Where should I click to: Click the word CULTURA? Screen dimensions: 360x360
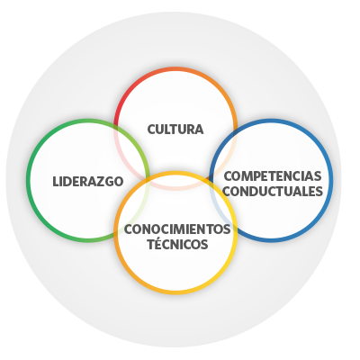(x=175, y=130)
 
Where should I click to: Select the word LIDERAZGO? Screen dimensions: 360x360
(x=88, y=182)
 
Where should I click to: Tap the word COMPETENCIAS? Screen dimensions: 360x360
(x=273, y=176)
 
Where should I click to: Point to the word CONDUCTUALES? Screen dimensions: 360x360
(x=273, y=191)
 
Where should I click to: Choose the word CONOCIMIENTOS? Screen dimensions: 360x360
(x=177, y=229)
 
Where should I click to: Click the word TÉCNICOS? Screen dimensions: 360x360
(x=177, y=244)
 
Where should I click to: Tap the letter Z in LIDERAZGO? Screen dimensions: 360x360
(x=101, y=182)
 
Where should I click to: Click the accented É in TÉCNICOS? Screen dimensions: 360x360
(x=158, y=243)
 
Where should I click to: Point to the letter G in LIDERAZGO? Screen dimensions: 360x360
(x=109, y=182)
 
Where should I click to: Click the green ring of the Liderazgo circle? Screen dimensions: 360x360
(x=28, y=180)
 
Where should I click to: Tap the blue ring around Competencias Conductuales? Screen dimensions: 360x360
(x=331, y=180)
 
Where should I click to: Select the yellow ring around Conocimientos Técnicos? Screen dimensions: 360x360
(x=175, y=292)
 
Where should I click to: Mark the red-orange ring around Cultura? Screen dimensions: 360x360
(x=175, y=68)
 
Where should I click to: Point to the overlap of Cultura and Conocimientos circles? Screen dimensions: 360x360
(x=175, y=181)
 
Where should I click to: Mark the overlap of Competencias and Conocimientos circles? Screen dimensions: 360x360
(x=223, y=208)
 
